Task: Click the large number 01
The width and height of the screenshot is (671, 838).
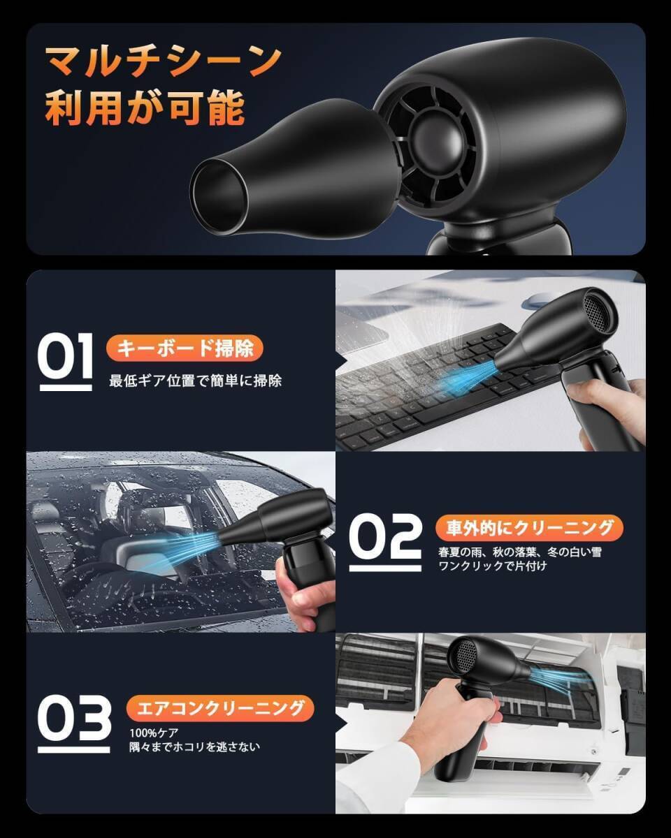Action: (x=66, y=360)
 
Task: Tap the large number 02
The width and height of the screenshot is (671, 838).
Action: (x=385, y=541)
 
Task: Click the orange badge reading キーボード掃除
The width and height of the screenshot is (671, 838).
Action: (x=185, y=348)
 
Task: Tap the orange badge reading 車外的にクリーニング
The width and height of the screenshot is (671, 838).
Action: (x=529, y=528)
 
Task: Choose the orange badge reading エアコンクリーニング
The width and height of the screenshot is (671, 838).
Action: (x=220, y=708)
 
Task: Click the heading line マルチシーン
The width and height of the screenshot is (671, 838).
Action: (x=164, y=61)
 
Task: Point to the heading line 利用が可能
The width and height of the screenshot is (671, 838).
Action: (x=145, y=108)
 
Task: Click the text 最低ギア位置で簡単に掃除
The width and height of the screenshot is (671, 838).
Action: (x=195, y=381)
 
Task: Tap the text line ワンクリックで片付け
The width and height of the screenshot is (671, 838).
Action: (x=493, y=566)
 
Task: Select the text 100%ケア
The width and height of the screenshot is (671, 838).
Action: (x=154, y=733)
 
